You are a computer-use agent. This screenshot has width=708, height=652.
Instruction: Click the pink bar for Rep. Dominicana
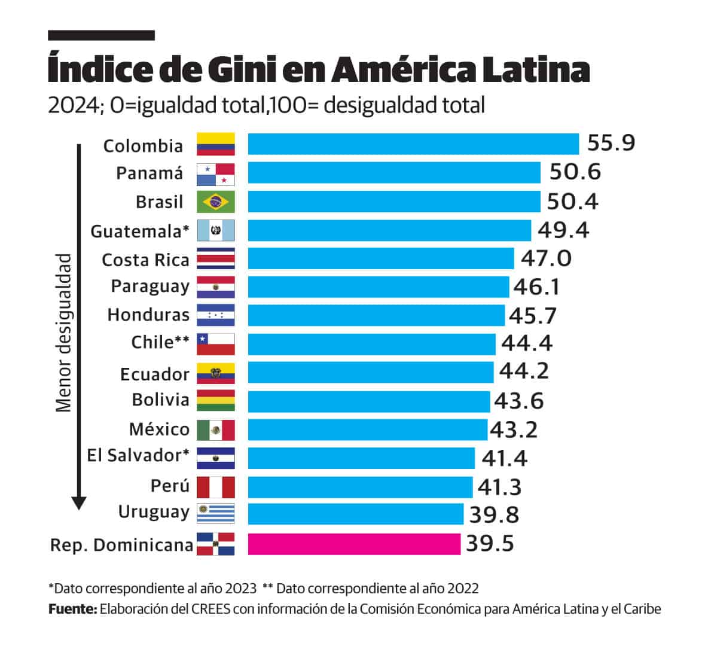pos(354,544)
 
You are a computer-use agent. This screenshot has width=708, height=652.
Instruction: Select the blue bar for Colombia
pos(413,144)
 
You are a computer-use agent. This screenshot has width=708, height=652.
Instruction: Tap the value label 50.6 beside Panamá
pos(575,172)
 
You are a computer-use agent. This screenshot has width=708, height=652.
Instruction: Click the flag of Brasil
pos(216,202)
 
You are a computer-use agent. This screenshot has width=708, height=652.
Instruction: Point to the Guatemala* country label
pos(139,231)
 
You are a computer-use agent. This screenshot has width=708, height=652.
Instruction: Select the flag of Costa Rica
pos(216,258)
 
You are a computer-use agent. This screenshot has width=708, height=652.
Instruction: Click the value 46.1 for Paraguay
pos(536,287)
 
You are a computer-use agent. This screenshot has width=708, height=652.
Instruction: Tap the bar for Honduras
pos(376,315)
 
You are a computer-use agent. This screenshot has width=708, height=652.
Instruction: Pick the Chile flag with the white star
pos(216,344)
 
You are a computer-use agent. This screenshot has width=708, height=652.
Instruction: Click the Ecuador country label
pos(154,374)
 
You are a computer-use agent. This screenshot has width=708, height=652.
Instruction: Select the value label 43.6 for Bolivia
pos(519,401)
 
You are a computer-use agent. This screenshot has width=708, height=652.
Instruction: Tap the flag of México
pos(216,429)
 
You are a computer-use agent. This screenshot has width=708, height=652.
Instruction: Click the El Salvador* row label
pos(138,456)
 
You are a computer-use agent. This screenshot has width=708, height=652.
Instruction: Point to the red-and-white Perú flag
pos(216,487)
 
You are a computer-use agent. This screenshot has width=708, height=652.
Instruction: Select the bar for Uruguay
pos(355,514)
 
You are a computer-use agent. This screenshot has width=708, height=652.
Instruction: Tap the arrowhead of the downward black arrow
pos(78,502)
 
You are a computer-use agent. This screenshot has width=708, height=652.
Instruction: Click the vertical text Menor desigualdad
pos(63,333)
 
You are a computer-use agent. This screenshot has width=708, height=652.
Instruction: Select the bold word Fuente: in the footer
pos(72,609)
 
